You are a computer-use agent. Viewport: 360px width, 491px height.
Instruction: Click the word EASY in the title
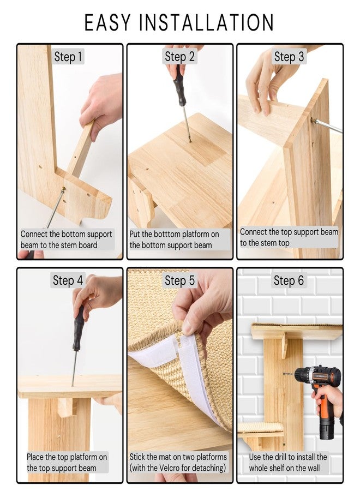point(107,22)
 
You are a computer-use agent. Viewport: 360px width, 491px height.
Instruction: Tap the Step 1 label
point(68,57)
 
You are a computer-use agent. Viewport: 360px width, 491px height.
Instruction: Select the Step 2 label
point(179,57)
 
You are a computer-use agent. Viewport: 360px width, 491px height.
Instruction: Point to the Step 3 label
point(289,57)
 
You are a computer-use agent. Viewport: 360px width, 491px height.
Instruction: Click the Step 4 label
point(68,280)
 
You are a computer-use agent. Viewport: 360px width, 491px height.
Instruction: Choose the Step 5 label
point(179,280)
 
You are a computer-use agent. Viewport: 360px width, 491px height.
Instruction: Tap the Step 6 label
point(289,280)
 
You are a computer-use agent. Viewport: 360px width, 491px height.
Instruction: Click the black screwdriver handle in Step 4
point(79,328)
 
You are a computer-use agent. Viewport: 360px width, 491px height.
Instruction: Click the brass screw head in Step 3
point(313,120)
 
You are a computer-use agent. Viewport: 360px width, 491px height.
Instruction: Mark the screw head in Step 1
point(64,189)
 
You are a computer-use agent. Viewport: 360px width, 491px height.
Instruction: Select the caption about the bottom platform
point(175,239)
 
